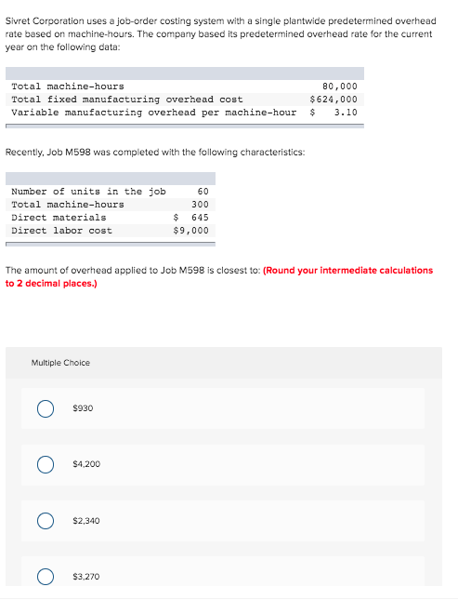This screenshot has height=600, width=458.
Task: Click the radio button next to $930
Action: coord(44,408)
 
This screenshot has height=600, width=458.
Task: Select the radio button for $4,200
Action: coord(44,464)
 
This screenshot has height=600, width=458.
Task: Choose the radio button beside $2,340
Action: coord(44,521)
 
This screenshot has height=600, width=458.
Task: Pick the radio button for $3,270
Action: coord(44,577)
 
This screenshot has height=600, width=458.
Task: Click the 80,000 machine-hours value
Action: coord(339,87)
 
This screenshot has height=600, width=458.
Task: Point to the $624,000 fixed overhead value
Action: coord(334,100)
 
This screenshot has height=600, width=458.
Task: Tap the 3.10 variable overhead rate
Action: coord(345,113)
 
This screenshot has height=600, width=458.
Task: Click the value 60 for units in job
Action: coord(203,192)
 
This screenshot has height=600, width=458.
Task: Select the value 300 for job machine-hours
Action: coord(200,205)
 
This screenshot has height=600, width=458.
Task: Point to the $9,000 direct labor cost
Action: coord(191,231)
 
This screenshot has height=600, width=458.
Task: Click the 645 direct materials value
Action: coord(199,218)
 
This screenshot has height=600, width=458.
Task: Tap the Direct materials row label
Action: coord(59,218)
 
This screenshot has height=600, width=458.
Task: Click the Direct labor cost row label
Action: coord(61,231)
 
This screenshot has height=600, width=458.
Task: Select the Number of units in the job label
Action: coord(88,192)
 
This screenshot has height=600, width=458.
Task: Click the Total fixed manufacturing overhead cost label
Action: coord(127,100)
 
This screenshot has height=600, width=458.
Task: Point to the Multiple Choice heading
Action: coord(60,363)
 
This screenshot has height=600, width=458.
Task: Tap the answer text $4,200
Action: coord(86,464)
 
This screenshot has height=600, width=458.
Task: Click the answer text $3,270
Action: coord(86,577)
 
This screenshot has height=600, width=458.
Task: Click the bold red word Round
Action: coord(280,271)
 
